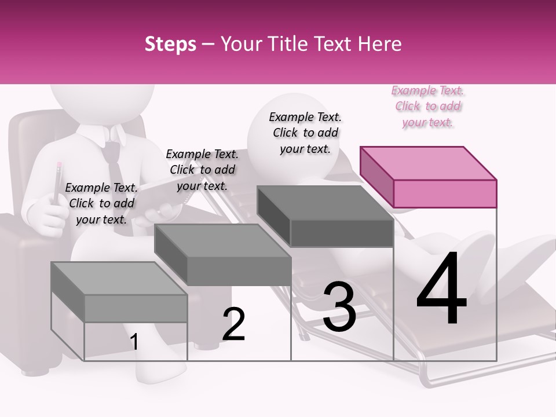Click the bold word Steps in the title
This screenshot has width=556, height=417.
[x=170, y=44]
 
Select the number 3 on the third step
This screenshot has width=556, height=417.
[x=339, y=307]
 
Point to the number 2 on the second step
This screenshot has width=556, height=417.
[x=234, y=324]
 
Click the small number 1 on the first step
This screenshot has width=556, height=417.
[x=134, y=342]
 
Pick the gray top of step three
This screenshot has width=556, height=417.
[x=324, y=203]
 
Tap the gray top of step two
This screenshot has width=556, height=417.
[x=222, y=241]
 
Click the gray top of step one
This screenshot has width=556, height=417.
[x=119, y=279]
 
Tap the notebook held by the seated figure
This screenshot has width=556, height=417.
[x=162, y=197]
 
